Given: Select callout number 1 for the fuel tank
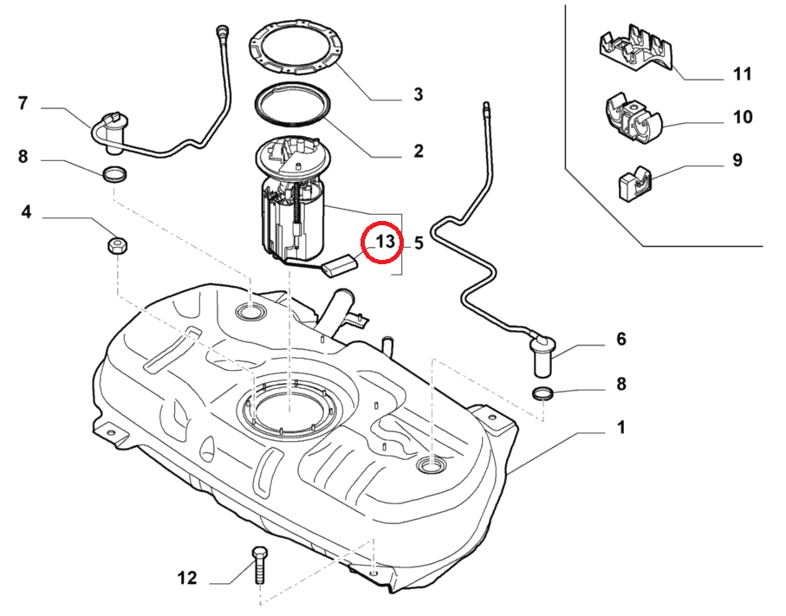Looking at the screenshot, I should point(620,427).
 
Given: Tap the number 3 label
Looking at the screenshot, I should point(418,94).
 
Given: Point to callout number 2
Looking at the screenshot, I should point(418,152).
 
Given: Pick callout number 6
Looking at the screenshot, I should point(620,339).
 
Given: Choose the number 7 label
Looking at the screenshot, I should point(23,104).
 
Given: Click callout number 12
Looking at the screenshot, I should point(187,578).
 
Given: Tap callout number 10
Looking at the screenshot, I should point(742,117).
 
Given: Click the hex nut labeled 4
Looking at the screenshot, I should point(116,245).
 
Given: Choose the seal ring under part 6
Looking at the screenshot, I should point(542,395).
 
